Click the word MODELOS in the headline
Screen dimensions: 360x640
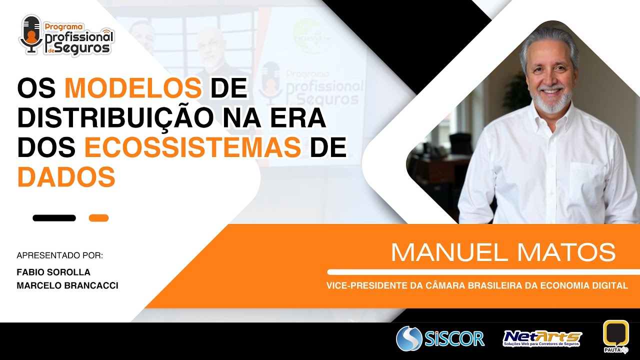(x=133, y=88)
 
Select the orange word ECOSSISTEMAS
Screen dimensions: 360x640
(x=192, y=147)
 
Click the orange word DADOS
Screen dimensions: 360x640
(x=66, y=176)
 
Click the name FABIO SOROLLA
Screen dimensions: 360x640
(x=53, y=272)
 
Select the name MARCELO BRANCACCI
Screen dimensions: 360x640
(x=67, y=285)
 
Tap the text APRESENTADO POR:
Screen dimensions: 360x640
(x=59, y=255)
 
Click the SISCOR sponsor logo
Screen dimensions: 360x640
(x=440, y=338)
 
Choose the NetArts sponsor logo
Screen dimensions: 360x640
(x=542, y=338)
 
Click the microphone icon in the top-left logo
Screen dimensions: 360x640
(x=31, y=34)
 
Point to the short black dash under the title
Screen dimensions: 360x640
(x=54, y=218)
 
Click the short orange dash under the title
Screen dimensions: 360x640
(x=98, y=218)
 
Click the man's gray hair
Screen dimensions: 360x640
(x=548, y=40)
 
